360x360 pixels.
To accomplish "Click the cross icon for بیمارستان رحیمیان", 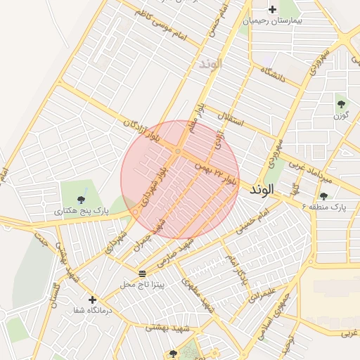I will tap(273, 9).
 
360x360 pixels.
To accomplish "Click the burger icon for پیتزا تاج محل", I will tap(143, 273).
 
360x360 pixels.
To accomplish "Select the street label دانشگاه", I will tap(272, 72).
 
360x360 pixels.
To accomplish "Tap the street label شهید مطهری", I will tap(198, 293).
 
